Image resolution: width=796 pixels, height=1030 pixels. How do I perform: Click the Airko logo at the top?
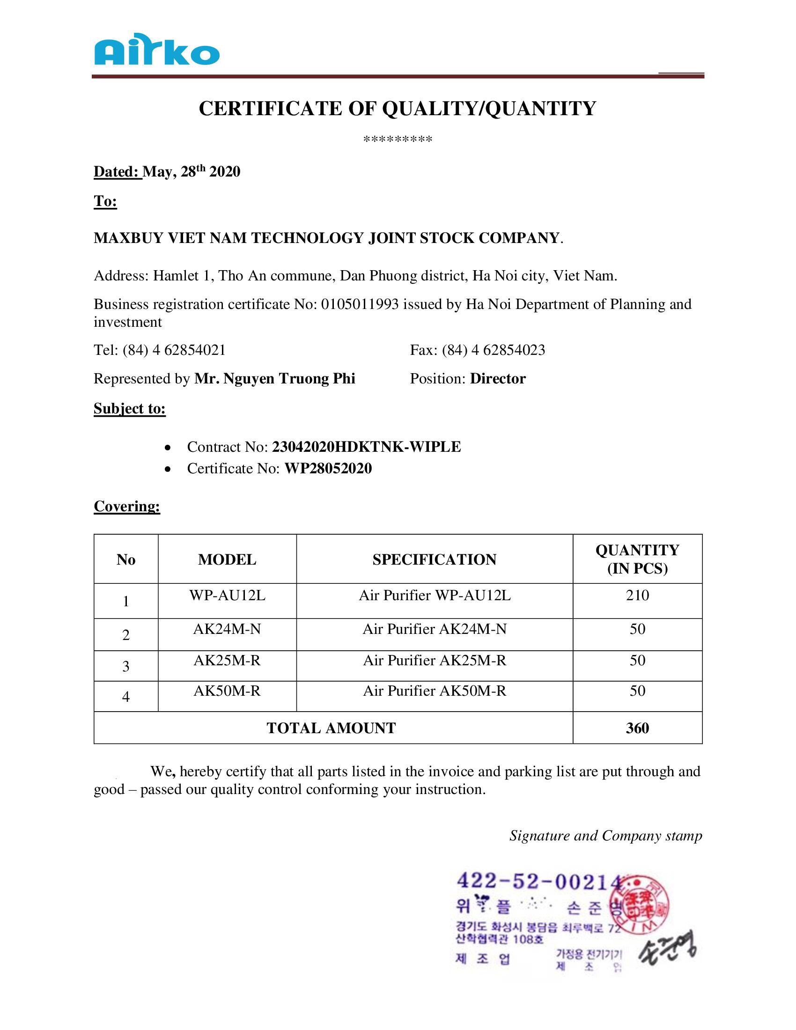pos(156,50)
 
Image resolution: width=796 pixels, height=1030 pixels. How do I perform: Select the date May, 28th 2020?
pos(192,172)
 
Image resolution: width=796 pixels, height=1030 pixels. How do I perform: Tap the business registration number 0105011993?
pos(360,305)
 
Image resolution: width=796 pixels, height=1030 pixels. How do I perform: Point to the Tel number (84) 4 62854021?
pos(174,350)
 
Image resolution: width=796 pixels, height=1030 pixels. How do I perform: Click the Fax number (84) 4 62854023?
pos(493,350)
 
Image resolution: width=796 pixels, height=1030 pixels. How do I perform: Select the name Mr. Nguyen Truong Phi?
pos(274,379)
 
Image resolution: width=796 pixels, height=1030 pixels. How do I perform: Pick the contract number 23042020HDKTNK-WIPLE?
pos(367,447)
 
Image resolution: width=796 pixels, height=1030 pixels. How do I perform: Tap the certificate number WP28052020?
pos(328,468)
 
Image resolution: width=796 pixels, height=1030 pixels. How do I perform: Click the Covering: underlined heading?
pos(127,506)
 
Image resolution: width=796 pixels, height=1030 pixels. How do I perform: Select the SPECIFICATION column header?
pos(435,559)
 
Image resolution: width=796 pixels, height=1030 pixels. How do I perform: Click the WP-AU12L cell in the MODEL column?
pos(227,596)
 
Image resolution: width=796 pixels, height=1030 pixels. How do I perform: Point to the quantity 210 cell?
pos(637,596)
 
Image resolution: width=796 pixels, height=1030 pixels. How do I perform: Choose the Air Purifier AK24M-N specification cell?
pos(435,629)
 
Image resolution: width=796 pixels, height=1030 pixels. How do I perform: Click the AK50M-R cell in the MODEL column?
pos(227,691)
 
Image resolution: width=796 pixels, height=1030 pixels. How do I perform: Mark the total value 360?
pos(637,728)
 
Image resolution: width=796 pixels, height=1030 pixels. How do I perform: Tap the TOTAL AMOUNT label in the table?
pos(332,728)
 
